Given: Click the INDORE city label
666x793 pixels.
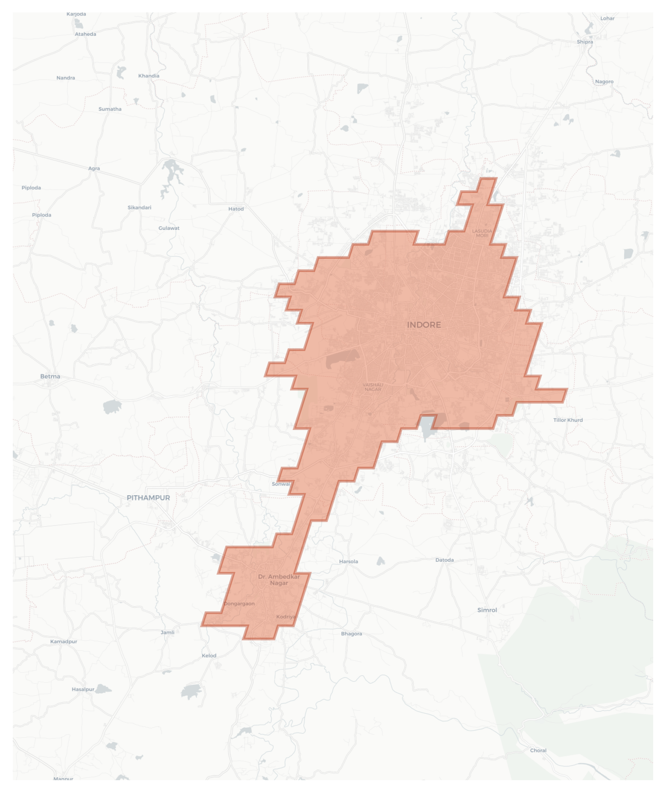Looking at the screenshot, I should point(424,325).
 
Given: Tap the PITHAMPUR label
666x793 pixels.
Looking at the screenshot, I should point(148,498).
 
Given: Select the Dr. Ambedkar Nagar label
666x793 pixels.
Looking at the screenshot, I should point(279,580).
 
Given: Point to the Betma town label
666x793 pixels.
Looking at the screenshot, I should point(50,376).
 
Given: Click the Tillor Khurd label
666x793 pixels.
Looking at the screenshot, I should point(568,420).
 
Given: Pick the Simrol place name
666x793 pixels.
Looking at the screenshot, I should point(487,610).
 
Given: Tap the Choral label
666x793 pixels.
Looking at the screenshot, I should point(538,750).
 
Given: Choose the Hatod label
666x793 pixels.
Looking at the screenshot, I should point(236,209).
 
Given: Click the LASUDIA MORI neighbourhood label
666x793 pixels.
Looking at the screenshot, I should point(482,233).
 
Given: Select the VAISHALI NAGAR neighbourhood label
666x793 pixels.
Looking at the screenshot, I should point(373,387).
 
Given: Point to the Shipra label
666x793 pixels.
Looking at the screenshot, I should point(584,42).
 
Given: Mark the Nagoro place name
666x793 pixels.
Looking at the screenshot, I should point(604,81).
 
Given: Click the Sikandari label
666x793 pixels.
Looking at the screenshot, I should point(139,208).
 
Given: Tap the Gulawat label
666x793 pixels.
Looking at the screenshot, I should point(169,228).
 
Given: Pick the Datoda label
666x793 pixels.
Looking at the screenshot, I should point(444,560).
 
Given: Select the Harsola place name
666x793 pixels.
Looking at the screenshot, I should point(348,561).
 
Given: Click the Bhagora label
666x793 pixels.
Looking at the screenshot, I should point(351,634).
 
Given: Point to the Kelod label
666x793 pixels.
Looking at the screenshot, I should point(209,656).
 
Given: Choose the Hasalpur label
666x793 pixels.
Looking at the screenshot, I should point(83,689).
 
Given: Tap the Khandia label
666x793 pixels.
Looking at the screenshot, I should point(149,76).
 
